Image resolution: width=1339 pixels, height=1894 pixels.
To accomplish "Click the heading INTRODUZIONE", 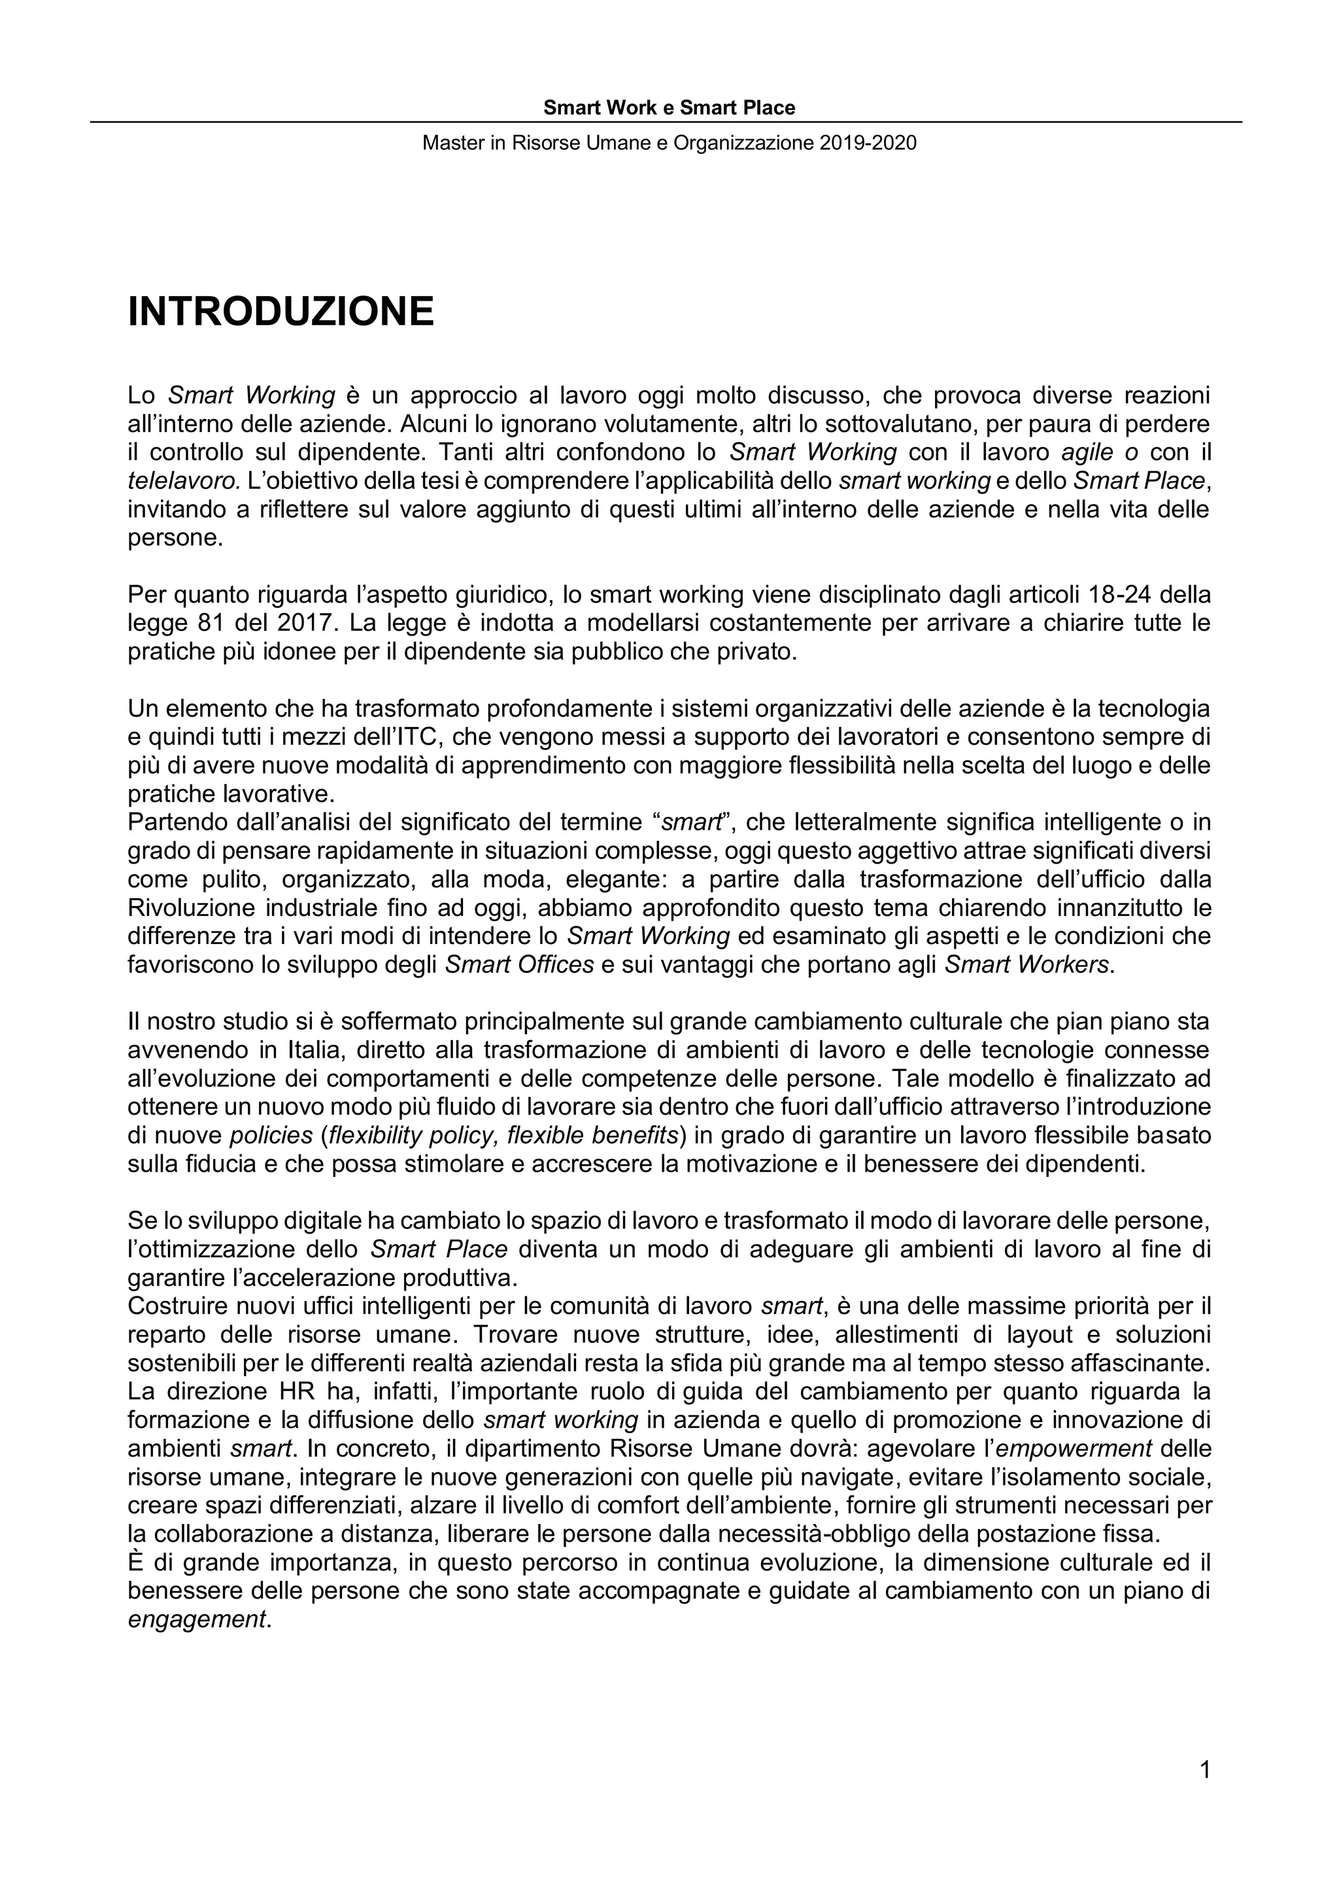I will (x=280, y=312).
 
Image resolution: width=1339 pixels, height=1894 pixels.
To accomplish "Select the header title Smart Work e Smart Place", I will (x=669, y=108).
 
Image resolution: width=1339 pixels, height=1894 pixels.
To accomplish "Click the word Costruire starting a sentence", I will (x=174, y=1307).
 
